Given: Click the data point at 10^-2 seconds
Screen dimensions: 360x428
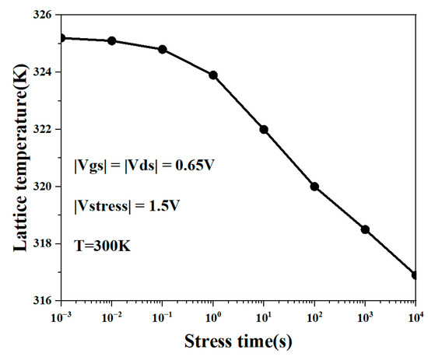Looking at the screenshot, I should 112,40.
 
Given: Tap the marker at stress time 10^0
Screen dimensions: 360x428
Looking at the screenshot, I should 213,75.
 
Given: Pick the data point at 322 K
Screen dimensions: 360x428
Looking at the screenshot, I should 264,129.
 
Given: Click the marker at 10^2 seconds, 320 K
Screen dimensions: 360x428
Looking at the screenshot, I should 314,186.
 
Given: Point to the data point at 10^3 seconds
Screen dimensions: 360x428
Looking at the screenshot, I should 365,229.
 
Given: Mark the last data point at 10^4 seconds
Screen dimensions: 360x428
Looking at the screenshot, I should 416,274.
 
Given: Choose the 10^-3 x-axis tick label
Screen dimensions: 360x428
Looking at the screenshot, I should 61,316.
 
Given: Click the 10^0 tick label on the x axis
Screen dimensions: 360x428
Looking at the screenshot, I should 213,316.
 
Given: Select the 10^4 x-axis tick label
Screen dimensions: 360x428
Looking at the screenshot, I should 415,316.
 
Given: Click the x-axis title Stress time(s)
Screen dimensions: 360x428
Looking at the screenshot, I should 238,342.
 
